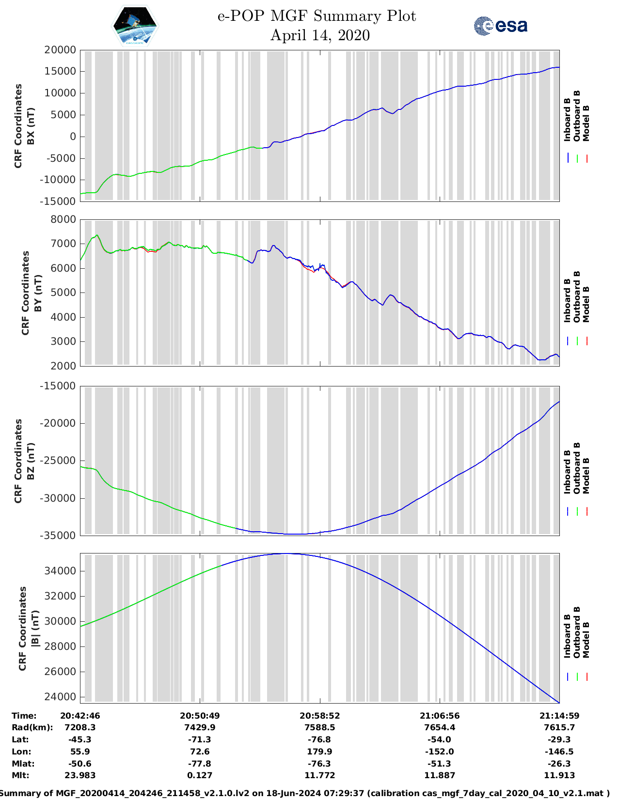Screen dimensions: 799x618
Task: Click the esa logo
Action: tap(500, 26)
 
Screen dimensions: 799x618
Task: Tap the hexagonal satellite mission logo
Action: tap(135, 26)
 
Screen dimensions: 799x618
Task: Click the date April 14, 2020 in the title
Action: tap(320, 35)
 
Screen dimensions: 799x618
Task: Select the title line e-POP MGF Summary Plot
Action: tap(317, 16)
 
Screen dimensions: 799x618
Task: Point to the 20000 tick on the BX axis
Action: tap(60, 50)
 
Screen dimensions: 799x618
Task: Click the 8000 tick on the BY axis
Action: tap(63, 219)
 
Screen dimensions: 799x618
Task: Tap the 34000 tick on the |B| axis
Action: tap(60, 571)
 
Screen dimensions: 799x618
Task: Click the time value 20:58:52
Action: tap(319, 716)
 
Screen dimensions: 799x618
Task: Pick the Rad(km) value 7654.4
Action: tap(440, 727)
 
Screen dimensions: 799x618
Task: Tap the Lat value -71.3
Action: tap(200, 739)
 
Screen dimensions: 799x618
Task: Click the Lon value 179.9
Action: tap(319, 752)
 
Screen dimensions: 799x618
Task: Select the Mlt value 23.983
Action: tap(80, 775)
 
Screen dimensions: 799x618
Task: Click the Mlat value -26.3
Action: tap(559, 764)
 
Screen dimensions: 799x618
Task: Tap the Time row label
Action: tap(24, 716)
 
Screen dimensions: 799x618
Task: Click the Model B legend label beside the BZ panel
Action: tap(586, 476)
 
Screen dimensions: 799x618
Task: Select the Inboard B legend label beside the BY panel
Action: tap(567, 301)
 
